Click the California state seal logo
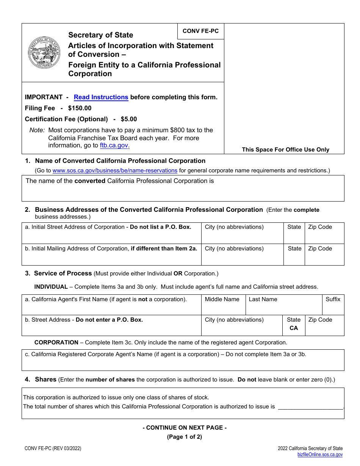tap(44, 53)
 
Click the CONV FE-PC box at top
tap(200, 31)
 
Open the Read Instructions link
tap(101, 97)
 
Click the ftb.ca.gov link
tap(114, 145)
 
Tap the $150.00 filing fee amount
tap(80, 108)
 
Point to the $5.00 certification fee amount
tap(129, 119)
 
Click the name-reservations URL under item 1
tap(115, 171)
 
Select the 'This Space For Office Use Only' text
tap(285, 150)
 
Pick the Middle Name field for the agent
tap(223, 305)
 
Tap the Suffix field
tap(333, 305)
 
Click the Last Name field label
tap(263, 299)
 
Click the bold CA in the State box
tap(294, 328)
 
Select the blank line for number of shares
tap(310, 407)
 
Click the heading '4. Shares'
tap(45, 380)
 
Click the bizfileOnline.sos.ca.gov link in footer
tap(320, 455)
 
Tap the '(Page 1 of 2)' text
tap(185, 437)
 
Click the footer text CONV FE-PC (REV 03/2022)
tap(53, 449)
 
